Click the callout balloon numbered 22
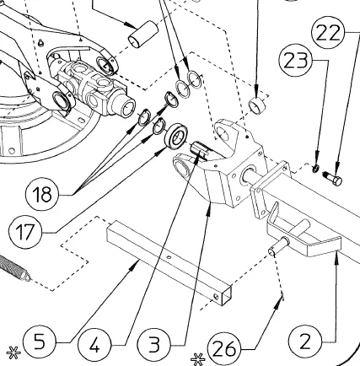328,33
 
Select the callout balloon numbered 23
296,60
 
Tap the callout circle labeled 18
42,194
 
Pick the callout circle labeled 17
25,232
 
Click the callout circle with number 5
40,342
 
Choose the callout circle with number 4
94,345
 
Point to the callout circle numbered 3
154,344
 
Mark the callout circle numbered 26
224,349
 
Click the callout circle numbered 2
305,342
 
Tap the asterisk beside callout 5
13,353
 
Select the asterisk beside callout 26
198,359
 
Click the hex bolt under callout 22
333,178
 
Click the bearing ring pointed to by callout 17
176,138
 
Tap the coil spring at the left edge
14,267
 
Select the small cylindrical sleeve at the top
143,34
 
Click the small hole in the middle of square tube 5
169,256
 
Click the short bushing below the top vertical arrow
257,106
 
